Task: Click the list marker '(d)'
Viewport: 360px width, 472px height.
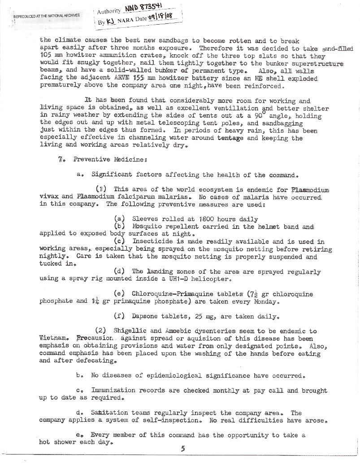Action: click(x=120, y=271)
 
